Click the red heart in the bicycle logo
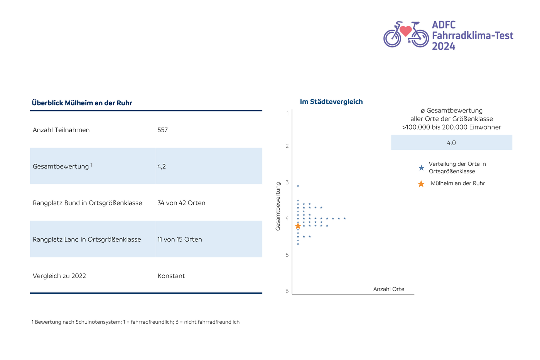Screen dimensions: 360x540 pos(405,30)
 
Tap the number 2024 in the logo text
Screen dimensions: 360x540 pos(444,46)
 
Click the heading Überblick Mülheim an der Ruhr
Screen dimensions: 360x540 pos(82,103)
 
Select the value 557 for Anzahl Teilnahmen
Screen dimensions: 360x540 pos(162,130)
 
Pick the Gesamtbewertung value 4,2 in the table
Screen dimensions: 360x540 pos(162,167)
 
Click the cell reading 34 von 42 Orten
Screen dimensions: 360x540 pos(181,203)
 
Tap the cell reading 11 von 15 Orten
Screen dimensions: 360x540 pos(180,239)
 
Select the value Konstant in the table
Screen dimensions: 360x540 pos(171,276)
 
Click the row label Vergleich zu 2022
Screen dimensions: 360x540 pos(59,276)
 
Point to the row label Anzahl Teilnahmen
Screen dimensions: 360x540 pos(61,130)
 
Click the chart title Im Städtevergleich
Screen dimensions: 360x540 pos(331,102)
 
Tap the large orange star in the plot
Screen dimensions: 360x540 pos(298,226)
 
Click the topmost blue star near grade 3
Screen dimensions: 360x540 pos(298,186)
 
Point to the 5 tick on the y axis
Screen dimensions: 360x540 pos(287,255)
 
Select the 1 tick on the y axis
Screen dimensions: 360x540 pos(287,114)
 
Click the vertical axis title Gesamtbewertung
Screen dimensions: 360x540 pos(278,206)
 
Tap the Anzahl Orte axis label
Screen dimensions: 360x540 pos(389,289)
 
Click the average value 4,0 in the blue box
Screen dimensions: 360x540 pos(451,143)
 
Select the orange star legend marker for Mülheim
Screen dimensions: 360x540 pos(421,184)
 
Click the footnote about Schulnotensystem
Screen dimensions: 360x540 pos(135,322)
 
